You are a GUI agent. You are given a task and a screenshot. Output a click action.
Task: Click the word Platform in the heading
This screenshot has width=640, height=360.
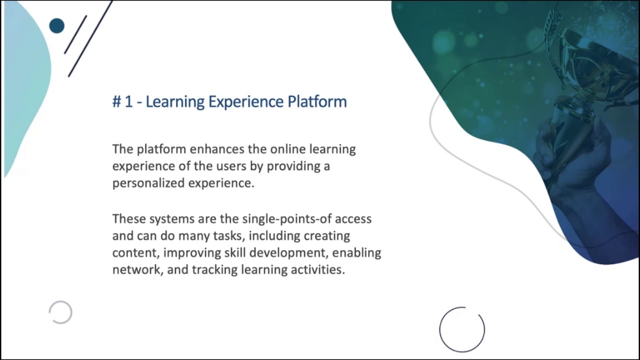[x=317, y=101]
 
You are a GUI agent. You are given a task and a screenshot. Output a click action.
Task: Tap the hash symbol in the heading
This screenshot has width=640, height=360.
[x=116, y=102]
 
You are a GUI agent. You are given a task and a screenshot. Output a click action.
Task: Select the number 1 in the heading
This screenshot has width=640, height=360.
[x=128, y=102]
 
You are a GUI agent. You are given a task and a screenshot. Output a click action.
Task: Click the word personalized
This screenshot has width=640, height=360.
[x=148, y=183]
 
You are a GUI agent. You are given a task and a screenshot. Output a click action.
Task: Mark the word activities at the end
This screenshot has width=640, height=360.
[x=318, y=269]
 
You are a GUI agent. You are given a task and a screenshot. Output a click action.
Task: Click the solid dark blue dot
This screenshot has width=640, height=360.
[x=57, y=26]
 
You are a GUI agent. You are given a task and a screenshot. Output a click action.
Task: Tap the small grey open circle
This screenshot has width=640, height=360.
[x=60, y=312]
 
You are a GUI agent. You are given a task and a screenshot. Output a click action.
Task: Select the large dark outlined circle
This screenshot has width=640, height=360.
[x=461, y=329]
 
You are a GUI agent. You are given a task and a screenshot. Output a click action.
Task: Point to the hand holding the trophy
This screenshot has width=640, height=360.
[x=570, y=150]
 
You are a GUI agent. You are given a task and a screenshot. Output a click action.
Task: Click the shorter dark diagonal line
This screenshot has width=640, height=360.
[x=76, y=34]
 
